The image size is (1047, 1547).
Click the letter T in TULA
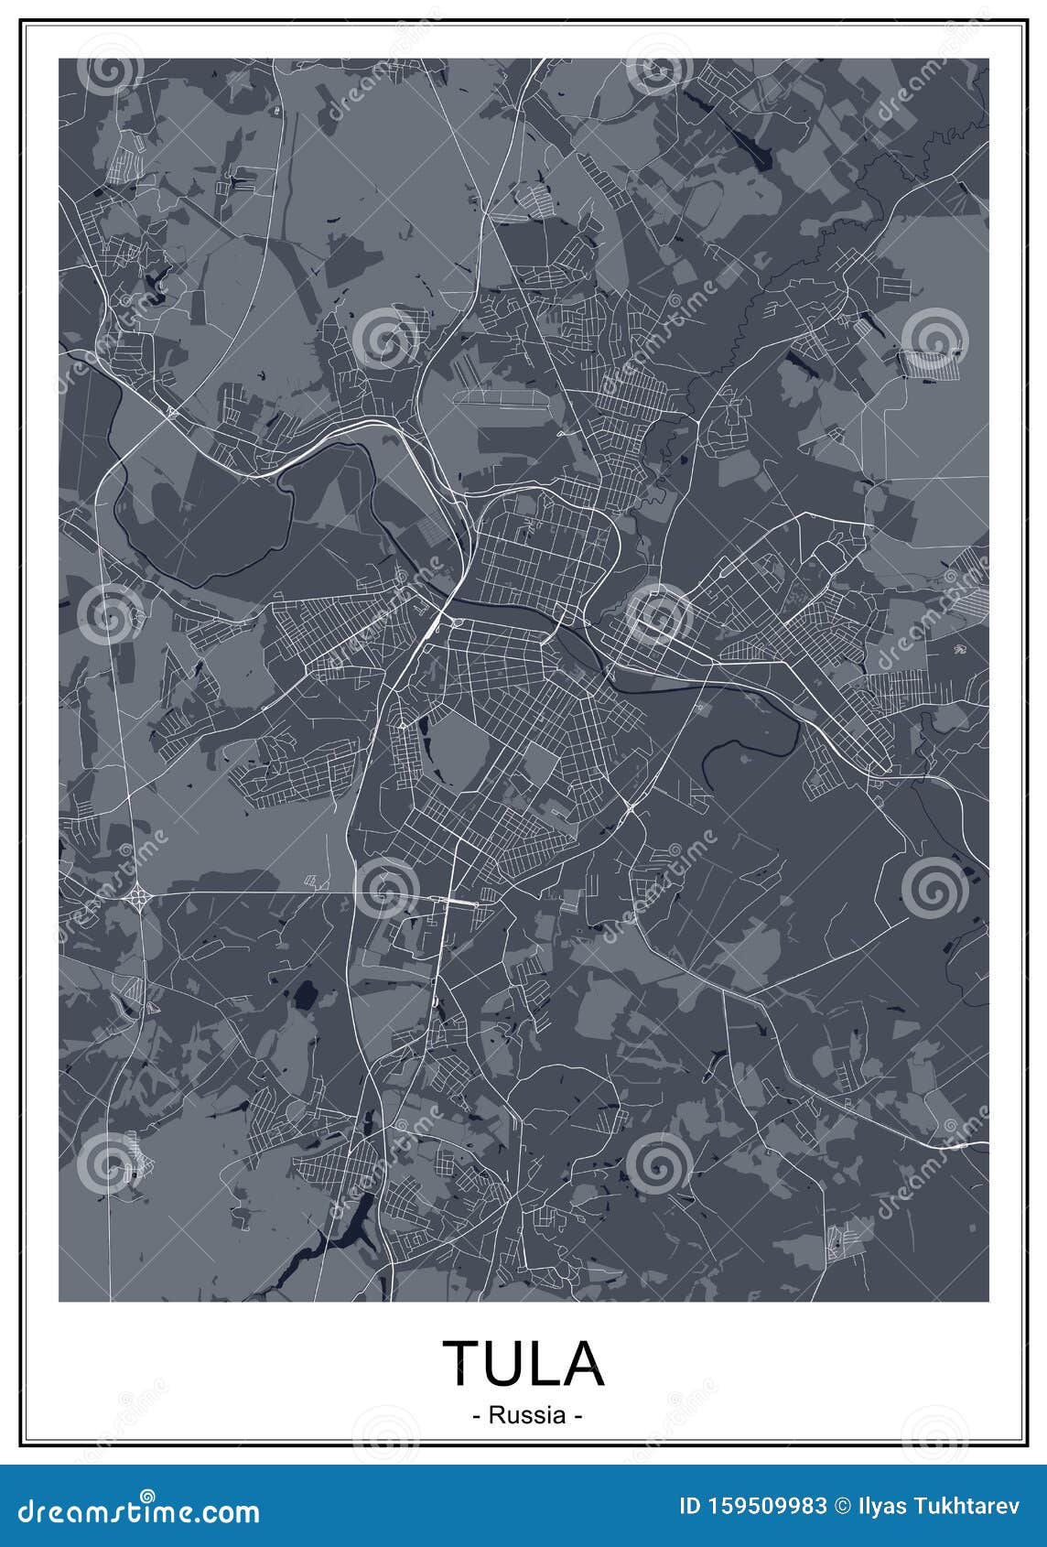click(462, 1362)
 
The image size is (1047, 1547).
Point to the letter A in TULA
click(581, 1362)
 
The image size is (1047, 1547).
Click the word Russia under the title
click(526, 1415)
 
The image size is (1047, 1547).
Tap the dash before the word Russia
click(477, 1416)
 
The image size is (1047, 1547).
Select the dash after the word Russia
click(577, 1416)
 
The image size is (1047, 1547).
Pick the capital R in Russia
click(496, 1415)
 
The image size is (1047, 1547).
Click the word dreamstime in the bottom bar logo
click(101, 1510)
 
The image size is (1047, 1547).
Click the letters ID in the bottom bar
click(694, 1506)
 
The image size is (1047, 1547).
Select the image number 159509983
click(769, 1506)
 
